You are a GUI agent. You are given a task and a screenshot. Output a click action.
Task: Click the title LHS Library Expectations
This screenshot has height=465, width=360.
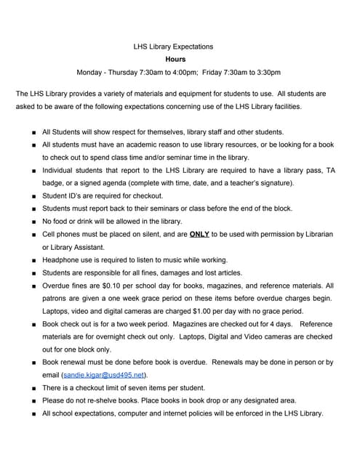point(173,46)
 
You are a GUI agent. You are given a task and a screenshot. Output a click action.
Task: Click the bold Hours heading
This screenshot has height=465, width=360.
point(175,60)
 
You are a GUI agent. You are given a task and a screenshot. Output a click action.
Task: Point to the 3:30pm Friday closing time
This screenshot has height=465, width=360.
point(267,73)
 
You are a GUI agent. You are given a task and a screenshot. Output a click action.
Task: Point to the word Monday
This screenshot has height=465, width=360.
point(92,73)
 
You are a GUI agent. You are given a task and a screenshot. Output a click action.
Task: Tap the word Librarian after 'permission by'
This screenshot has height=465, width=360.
point(312,235)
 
